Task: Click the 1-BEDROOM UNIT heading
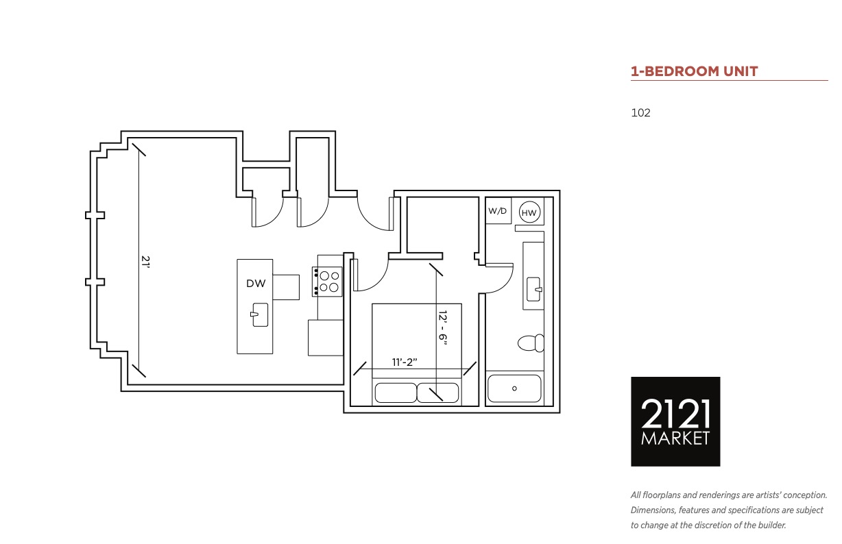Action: [694, 71]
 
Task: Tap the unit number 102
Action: [640, 113]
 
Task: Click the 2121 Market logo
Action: [675, 421]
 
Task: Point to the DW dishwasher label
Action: [256, 284]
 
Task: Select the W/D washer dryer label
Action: [497, 211]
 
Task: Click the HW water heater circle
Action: [529, 212]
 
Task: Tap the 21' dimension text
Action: [145, 262]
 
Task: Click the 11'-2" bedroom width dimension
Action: [405, 362]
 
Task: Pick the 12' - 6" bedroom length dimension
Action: [443, 327]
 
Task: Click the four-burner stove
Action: [327, 282]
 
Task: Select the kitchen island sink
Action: [259, 315]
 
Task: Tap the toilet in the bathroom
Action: [531, 343]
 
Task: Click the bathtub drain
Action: [515, 388]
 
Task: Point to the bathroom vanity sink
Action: [534, 289]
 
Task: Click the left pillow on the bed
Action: [396, 393]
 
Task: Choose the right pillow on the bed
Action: [438, 393]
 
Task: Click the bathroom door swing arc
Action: [505, 285]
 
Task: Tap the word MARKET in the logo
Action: [675, 438]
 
